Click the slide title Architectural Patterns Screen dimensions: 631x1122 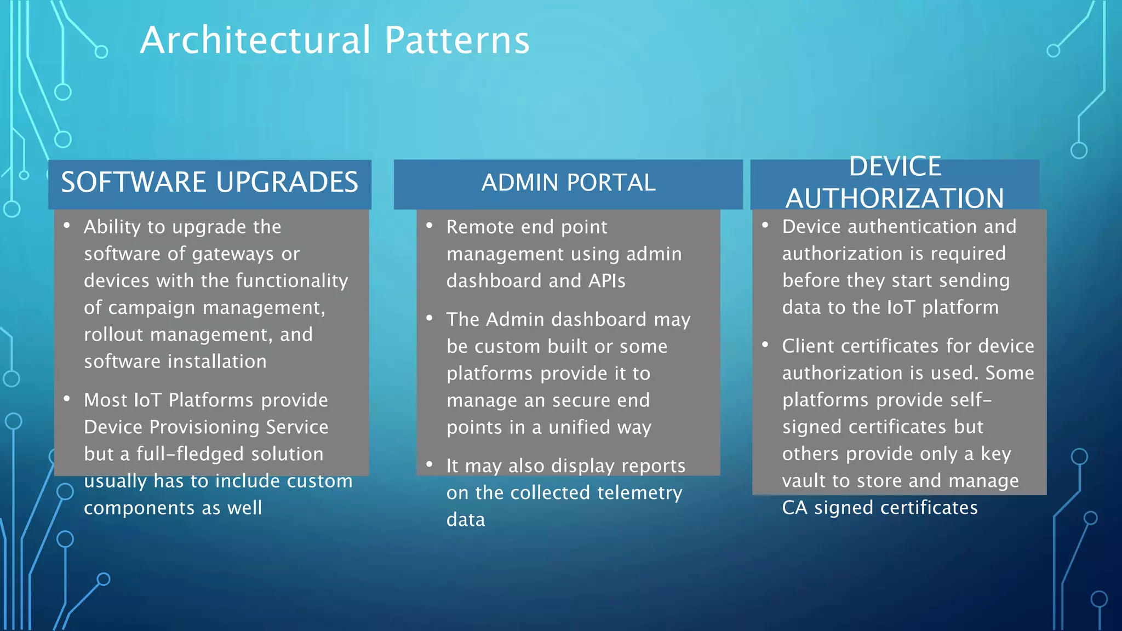pos(335,41)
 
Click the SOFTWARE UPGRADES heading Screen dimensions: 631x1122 pos(209,182)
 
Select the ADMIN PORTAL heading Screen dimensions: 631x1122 pos(568,182)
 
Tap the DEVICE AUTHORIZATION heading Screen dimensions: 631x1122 pos(895,182)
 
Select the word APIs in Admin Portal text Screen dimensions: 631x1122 pos(606,281)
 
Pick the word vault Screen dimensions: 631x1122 pos(804,481)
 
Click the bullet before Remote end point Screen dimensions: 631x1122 pos(430,226)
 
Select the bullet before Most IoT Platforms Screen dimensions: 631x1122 pos(67,399)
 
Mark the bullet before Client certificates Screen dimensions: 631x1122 pos(765,345)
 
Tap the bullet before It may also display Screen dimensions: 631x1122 pos(430,464)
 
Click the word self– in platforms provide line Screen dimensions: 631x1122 pos(971,400)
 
